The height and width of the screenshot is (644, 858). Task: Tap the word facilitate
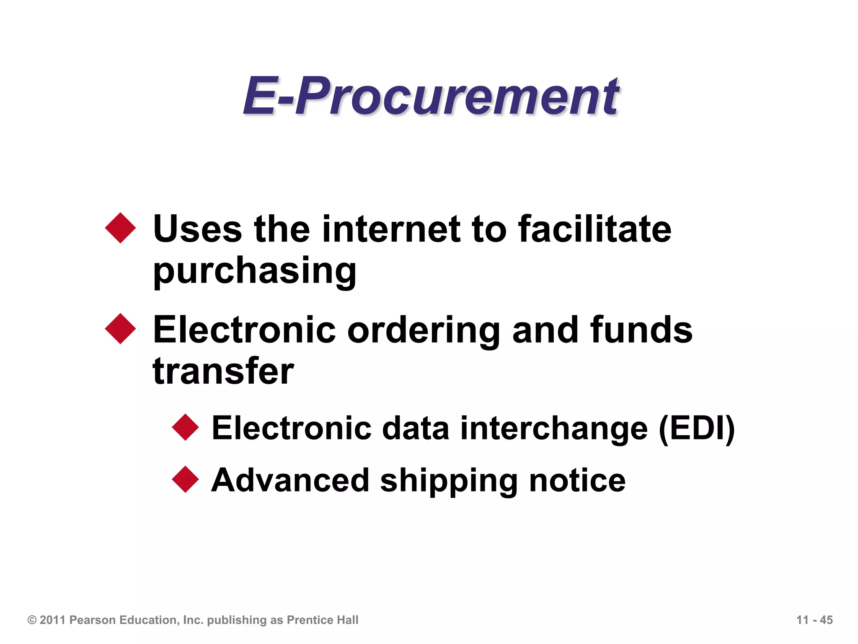point(594,229)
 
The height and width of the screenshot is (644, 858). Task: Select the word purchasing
point(255,271)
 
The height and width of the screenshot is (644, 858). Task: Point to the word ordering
point(424,330)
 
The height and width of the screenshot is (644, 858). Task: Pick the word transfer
point(223,371)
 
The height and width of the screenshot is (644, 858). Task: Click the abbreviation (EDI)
point(697,428)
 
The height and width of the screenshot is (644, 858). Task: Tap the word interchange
point(554,428)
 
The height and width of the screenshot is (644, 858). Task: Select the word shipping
point(449,481)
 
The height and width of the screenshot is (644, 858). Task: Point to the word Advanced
point(290,481)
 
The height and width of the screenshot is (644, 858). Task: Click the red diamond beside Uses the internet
point(121,228)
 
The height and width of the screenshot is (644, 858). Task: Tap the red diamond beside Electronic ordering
point(121,329)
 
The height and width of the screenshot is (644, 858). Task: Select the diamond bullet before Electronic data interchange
point(185,427)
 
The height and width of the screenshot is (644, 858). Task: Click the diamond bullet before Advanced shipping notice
point(185,479)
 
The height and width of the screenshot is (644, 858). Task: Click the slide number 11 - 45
point(814,620)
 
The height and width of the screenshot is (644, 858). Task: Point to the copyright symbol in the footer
point(32,620)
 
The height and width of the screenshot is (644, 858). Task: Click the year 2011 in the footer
point(53,620)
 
